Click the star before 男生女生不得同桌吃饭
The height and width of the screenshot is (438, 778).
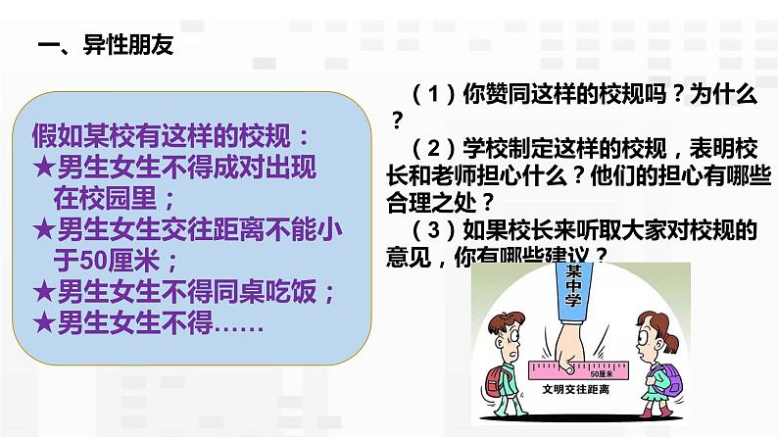click(x=43, y=291)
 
